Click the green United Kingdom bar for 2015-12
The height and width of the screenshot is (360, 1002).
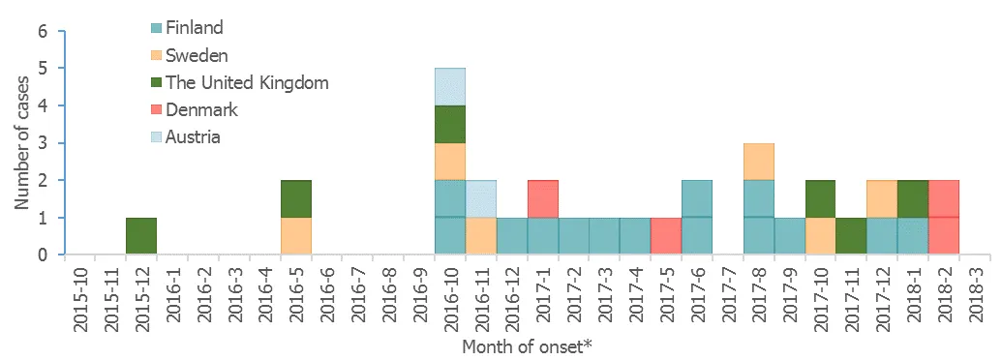(141, 236)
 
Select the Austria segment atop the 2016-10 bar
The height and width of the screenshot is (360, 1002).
(450, 86)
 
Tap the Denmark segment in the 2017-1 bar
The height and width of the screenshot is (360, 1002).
(543, 198)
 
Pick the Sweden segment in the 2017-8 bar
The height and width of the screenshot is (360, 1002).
(760, 161)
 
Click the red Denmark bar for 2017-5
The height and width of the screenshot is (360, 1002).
(667, 236)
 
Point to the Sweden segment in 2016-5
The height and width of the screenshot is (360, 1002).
(296, 236)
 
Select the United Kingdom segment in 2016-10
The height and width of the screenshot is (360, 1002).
(450, 124)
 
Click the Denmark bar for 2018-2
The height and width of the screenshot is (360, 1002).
(944, 218)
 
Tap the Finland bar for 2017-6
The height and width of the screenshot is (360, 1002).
(698, 218)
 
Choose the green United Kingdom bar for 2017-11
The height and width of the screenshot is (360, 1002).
(851, 236)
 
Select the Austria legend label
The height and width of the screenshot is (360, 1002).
(193, 136)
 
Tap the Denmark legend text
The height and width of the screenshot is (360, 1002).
(201, 109)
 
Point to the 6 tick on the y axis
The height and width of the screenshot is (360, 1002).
(44, 31)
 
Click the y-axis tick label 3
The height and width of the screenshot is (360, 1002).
(44, 143)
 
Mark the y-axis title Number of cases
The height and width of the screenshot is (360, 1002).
(19, 143)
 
